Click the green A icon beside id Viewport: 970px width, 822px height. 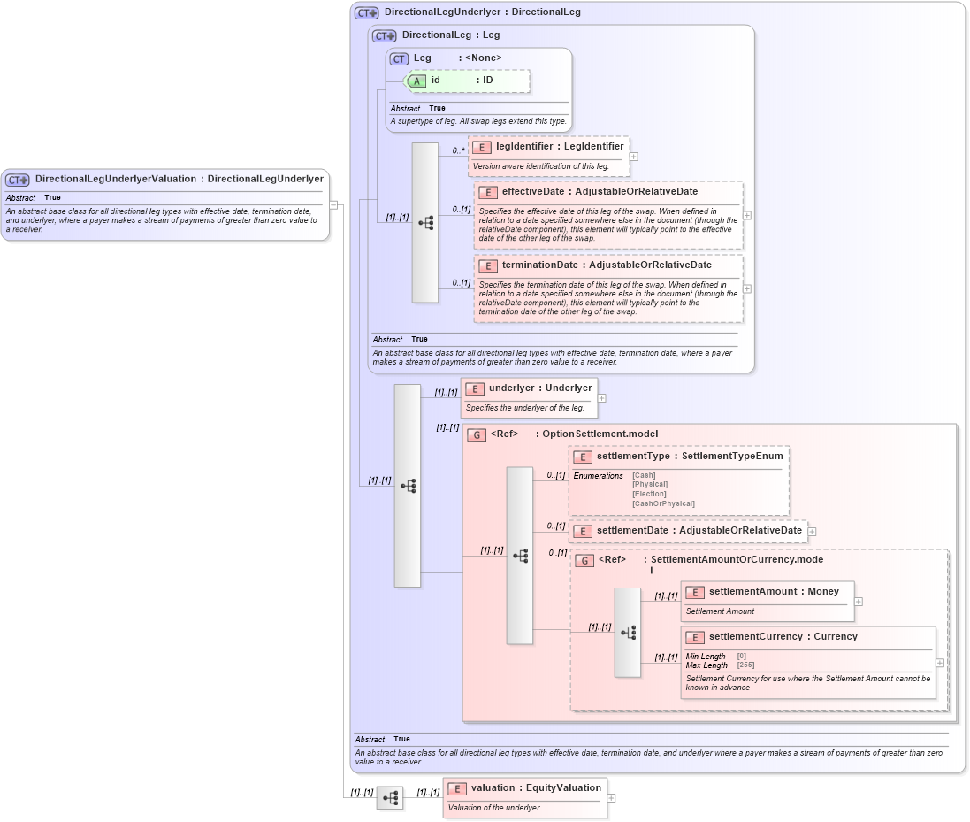point(417,81)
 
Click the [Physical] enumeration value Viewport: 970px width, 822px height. point(650,485)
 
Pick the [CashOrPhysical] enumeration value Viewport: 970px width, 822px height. point(663,503)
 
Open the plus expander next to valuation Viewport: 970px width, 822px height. point(611,798)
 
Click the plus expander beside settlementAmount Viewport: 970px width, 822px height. point(859,602)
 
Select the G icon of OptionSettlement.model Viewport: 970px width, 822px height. point(477,434)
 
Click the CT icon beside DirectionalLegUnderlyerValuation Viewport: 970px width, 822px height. point(18,180)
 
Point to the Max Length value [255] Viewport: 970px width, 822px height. point(745,665)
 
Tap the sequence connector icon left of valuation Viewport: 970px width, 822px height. point(389,798)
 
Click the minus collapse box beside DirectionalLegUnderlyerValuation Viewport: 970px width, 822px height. point(333,204)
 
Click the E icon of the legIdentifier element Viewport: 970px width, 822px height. point(482,147)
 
